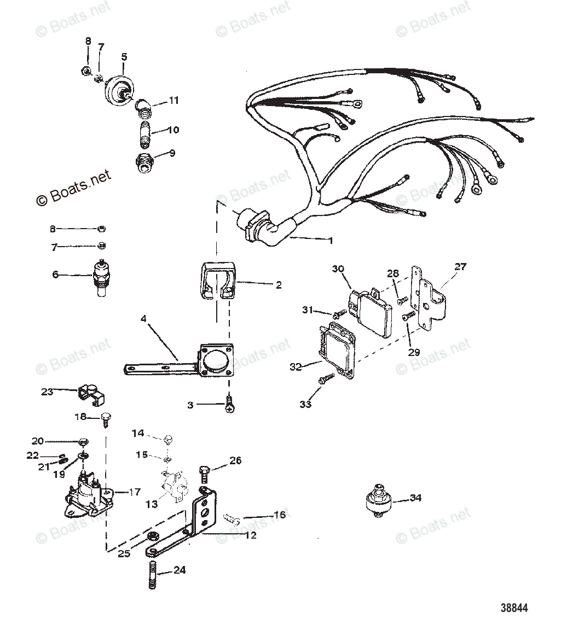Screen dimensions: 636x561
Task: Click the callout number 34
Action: click(415, 498)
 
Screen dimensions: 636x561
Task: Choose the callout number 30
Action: click(338, 269)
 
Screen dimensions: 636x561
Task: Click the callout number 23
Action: click(47, 392)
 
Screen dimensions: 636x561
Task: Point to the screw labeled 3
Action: click(230, 405)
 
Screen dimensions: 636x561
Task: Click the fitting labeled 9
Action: click(145, 163)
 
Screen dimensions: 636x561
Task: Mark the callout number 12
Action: click(250, 535)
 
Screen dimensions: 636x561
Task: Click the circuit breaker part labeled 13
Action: click(174, 485)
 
